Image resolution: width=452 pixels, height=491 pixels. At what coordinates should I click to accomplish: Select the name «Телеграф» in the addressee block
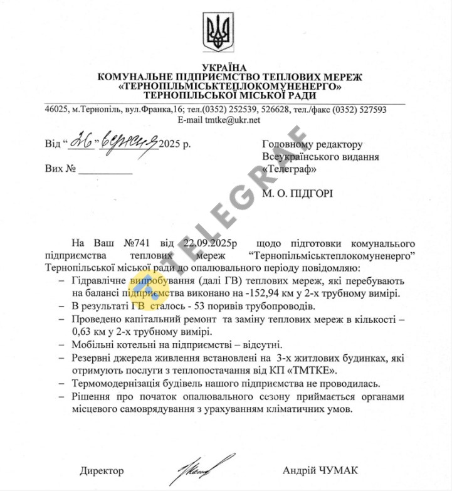pyautogui.click(x=290, y=169)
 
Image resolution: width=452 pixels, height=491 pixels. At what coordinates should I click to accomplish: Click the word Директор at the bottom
pyautogui.click(x=102, y=471)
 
